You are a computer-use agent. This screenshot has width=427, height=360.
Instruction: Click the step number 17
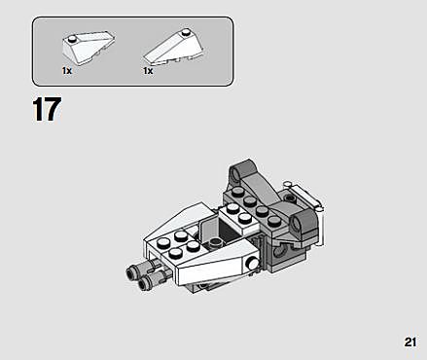[47, 109]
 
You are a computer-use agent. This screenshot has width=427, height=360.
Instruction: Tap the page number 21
[409, 342]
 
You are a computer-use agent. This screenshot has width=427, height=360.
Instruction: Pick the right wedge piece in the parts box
[174, 48]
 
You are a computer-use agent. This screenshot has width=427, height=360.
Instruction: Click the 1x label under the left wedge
[67, 71]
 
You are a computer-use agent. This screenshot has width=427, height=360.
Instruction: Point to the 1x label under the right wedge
[148, 71]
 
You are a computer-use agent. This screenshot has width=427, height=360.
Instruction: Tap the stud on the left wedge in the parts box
[73, 39]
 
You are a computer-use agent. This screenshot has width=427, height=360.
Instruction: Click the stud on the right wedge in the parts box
[186, 32]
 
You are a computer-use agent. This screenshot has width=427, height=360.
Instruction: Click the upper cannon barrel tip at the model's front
[132, 271]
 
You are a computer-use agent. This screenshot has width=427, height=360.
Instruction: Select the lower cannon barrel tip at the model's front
[144, 283]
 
